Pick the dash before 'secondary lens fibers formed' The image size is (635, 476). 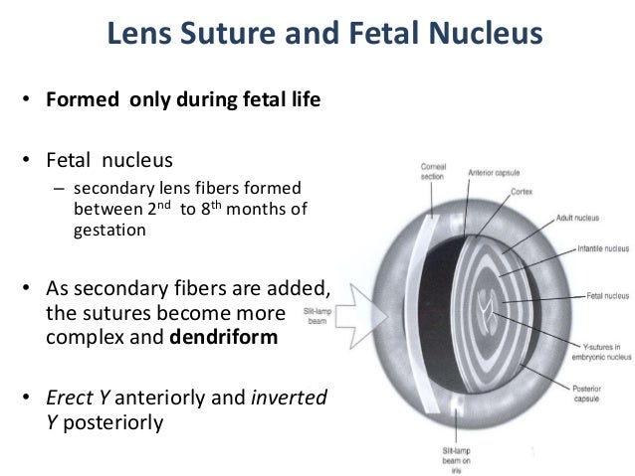click(59, 190)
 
